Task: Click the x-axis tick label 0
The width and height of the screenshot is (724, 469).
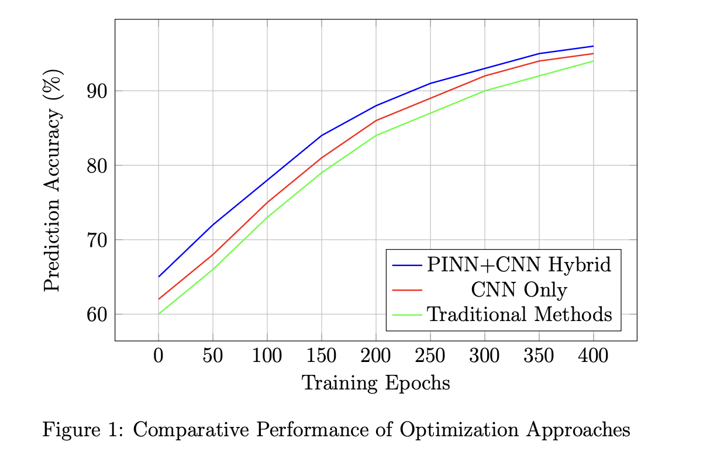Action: tap(158, 356)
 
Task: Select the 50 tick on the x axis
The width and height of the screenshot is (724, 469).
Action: tap(213, 356)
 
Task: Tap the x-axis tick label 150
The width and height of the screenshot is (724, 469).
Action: tap(322, 356)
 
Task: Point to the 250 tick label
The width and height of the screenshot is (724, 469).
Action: tap(430, 356)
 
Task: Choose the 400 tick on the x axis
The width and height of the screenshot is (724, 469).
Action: tap(594, 356)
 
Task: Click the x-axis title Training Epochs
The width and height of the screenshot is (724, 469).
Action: tap(375, 384)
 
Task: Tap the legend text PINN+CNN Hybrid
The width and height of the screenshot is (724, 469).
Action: tap(519, 265)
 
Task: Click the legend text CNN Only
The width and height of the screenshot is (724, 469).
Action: tap(519, 289)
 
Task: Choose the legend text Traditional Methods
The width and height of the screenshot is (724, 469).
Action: tap(519, 314)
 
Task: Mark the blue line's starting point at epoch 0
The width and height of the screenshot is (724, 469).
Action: tap(158, 277)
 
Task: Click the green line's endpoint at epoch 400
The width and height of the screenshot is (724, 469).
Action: tap(594, 61)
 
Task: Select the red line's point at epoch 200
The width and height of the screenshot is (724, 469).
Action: tap(376, 120)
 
